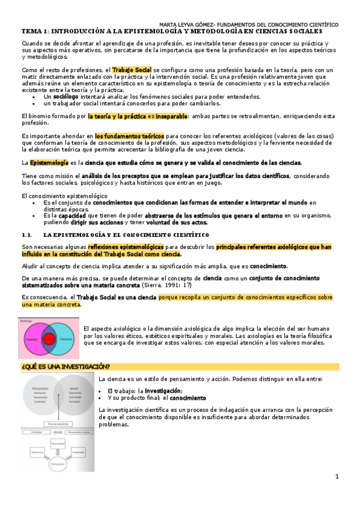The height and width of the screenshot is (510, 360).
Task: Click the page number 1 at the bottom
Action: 337,476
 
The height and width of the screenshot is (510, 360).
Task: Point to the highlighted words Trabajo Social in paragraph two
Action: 132,70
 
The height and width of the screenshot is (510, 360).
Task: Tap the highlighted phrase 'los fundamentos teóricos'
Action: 129,137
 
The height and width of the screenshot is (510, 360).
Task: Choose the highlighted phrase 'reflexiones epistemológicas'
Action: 125,247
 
